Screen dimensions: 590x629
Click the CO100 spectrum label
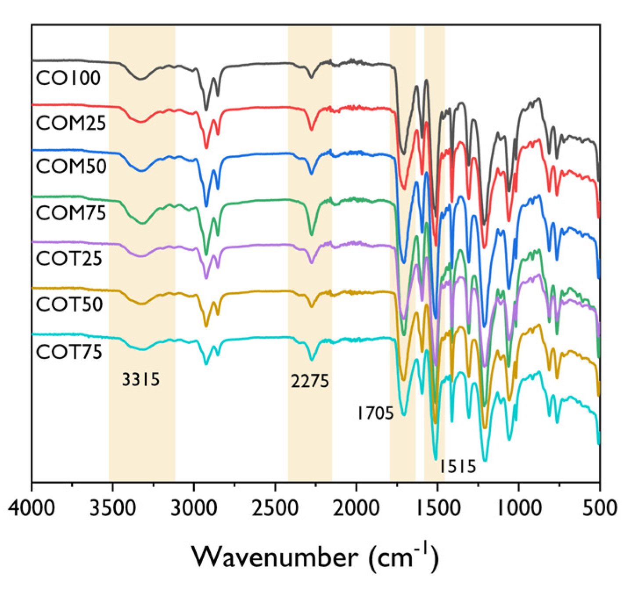coord(68,78)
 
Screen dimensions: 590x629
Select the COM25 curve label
coord(71,123)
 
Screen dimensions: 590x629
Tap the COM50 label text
coord(71,166)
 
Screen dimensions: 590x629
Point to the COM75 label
coord(71,213)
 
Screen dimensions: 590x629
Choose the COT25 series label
coord(69,259)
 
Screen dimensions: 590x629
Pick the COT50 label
coord(69,304)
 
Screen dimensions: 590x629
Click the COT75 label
coord(69,352)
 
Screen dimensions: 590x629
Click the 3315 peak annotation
coord(140,379)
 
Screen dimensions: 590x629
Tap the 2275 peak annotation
coord(310,381)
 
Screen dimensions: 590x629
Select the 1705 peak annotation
coord(375,413)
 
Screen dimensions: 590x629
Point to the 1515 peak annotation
coord(458,466)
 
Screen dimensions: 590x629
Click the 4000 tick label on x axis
coord(32,508)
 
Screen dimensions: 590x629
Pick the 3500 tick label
coord(113,508)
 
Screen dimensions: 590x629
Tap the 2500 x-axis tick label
coord(275,508)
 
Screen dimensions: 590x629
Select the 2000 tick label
coord(356,508)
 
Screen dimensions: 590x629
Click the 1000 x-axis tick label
coord(519,508)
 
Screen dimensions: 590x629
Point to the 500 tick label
coord(600,508)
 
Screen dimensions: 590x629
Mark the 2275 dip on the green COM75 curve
coord(312,234)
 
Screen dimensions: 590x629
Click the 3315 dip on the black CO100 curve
coord(140,79)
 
